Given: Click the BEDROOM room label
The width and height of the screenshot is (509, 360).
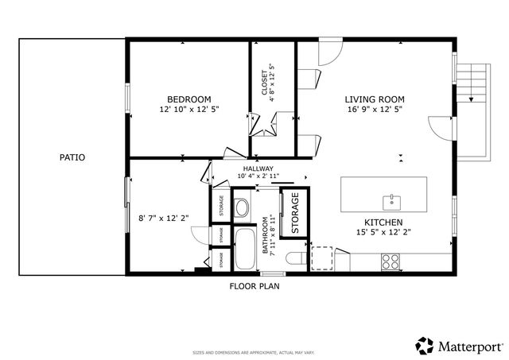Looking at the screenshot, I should (189, 99).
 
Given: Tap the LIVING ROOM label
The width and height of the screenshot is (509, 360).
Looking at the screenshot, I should (373, 99).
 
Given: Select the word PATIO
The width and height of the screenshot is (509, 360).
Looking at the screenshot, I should (72, 157).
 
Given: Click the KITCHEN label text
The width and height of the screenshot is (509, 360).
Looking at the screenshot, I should (383, 222).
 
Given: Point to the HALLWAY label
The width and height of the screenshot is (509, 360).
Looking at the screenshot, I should (258, 168).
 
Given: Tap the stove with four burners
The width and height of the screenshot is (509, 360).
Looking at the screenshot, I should (390, 261).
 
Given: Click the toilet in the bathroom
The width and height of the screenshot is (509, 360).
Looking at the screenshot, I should (293, 258).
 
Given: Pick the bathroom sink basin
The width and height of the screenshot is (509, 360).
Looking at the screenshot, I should (242, 209).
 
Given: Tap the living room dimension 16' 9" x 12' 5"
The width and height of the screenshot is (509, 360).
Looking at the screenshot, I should (373, 110).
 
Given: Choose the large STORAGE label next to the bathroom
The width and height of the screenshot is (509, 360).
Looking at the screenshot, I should (293, 213).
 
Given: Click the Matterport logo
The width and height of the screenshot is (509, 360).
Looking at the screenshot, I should (460, 346).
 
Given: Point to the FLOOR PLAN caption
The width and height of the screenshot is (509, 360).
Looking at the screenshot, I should (254, 285).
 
